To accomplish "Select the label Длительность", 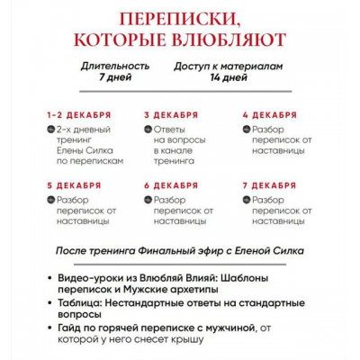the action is coord(112,67).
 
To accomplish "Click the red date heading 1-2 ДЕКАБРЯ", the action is coord(79,115).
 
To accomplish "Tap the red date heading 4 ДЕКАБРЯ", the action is coord(269,115).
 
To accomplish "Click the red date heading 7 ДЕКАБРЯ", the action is coord(269,185).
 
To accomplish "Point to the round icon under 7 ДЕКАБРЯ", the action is coord(245,200).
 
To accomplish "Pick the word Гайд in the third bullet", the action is coord(70,330).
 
